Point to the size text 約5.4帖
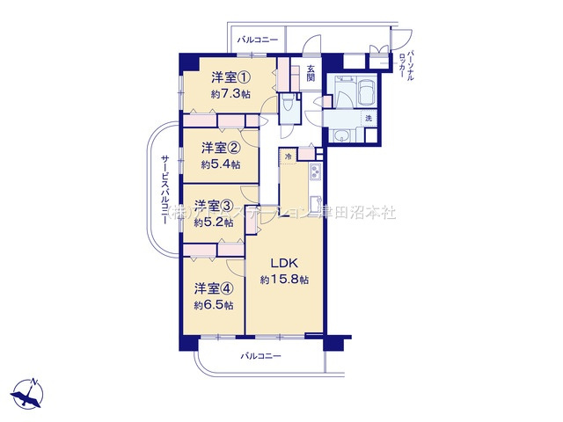click(x=220, y=164)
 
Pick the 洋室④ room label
click(x=214, y=287)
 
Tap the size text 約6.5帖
click(x=214, y=305)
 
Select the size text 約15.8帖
click(x=284, y=280)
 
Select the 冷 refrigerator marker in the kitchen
click(x=288, y=156)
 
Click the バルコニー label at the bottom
click(x=260, y=356)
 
